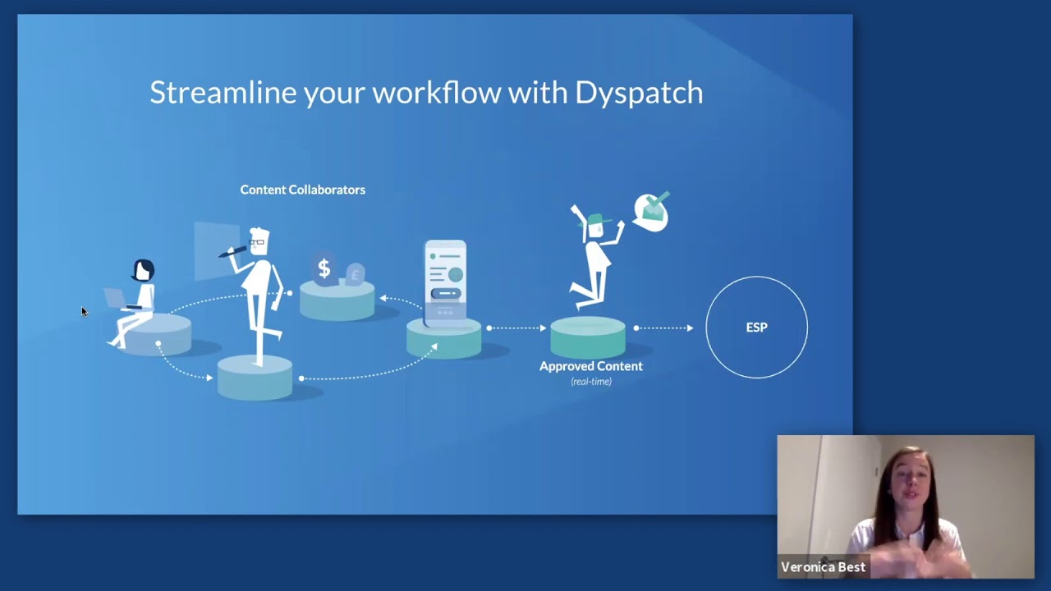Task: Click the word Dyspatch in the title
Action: [x=639, y=93]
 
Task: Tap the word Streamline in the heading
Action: [x=223, y=92]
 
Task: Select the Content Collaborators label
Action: [x=302, y=190]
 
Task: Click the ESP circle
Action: [x=756, y=328]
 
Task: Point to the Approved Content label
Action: [x=590, y=366]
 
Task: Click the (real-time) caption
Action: [x=591, y=382]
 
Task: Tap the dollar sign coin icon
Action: [x=324, y=268]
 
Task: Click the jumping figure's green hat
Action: [x=596, y=220]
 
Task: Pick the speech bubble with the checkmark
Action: [x=652, y=212]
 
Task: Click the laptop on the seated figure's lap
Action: [x=116, y=299]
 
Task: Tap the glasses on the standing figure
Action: [x=258, y=242]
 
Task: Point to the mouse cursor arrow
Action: [x=84, y=311]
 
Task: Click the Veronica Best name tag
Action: [x=823, y=567]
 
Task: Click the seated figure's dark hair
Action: [x=144, y=268]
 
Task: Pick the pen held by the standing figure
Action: [x=233, y=251]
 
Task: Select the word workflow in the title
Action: [x=436, y=92]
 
